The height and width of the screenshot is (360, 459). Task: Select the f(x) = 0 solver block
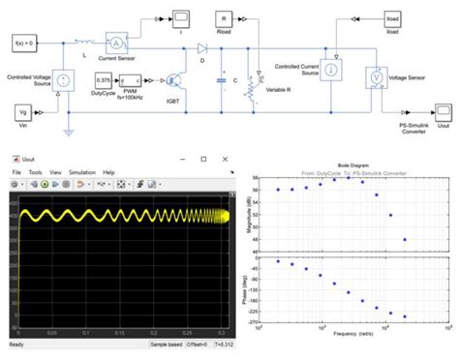(x=26, y=44)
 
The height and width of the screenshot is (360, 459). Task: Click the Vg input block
(x=26, y=114)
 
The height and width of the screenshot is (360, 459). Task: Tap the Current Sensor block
(x=115, y=44)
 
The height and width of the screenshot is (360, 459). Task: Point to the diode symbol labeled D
(x=202, y=45)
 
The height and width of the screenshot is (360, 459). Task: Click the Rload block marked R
(x=222, y=18)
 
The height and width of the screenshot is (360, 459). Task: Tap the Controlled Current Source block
(x=331, y=69)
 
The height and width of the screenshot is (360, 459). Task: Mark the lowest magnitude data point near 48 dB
(x=405, y=239)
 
